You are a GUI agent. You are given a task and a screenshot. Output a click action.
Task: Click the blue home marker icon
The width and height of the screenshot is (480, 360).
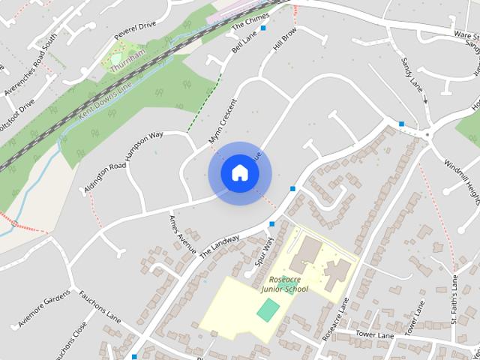coord(239,172)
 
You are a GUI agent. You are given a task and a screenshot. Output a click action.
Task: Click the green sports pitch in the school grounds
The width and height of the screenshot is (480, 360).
coord(268,308)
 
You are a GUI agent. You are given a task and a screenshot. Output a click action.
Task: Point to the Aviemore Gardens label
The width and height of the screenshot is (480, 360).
coord(45,308)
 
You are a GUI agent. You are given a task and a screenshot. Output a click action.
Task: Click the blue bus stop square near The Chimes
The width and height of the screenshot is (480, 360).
coord(263,28)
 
